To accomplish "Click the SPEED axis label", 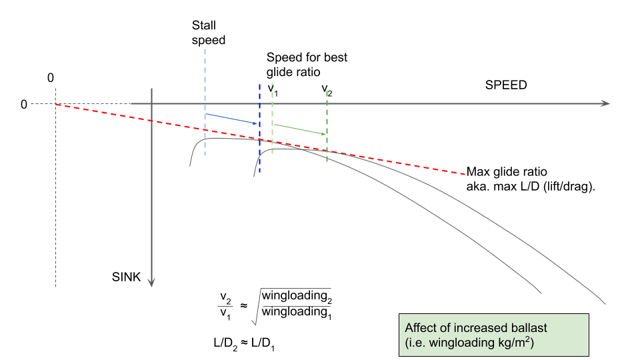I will click(x=506, y=85).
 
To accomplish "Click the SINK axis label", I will click(x=127, y=277).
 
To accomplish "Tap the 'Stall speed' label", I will click(x=209, y=33).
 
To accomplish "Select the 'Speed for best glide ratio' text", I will click(x=307, y=65).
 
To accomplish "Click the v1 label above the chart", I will click(x=273, y=89).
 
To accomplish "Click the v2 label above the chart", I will click(x=327, y=89).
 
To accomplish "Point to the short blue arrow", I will click(x=232, y=119).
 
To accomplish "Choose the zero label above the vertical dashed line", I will click(x=51, y=79).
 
